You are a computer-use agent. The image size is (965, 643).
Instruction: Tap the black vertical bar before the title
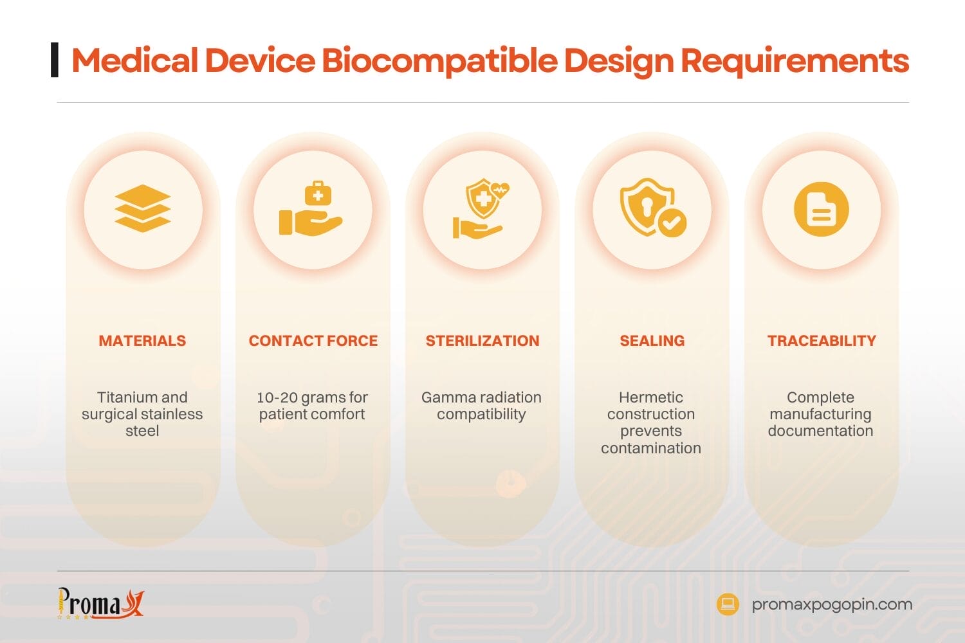(x=55, y=60)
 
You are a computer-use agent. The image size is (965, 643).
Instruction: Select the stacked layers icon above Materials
(x=142, y=208)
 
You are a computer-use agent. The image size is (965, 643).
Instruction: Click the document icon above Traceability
(x=821, y=209)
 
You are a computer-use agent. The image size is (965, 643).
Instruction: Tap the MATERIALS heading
(x=142, y=341)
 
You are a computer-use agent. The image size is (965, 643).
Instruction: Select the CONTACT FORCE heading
(x=313, y=341)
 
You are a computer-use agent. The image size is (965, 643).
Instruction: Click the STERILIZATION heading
(x=482, y=341)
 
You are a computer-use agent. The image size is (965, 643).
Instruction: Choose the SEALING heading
(x=652, y=341)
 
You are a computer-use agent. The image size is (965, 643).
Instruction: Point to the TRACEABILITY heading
(x=822, y=341)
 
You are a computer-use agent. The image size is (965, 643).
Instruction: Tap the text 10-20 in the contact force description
(x=277, y=397)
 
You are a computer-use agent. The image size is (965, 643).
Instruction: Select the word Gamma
(x=444, y=397)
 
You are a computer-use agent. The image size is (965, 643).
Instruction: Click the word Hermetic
(x=651, y=397)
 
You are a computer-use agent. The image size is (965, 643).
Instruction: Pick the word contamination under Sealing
(x=651, y=448)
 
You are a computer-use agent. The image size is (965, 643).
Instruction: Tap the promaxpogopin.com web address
(x=832, y=604)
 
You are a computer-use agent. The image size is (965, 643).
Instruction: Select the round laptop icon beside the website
(x=728, y=604)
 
